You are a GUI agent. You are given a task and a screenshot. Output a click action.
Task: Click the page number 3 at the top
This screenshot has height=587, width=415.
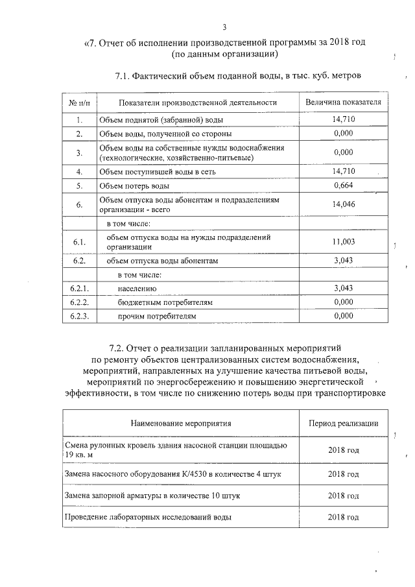pos(224,27)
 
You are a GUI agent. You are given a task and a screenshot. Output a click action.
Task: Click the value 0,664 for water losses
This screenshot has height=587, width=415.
pos(343,186)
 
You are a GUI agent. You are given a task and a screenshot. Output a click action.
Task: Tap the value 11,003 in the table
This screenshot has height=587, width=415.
pos(343,241)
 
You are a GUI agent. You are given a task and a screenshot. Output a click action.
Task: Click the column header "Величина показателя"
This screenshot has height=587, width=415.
pos(343,102)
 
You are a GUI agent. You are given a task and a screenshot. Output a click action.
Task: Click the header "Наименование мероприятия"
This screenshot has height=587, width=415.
pos(181,423)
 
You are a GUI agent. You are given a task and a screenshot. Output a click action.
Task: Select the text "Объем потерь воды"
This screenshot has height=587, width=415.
pos(134,186)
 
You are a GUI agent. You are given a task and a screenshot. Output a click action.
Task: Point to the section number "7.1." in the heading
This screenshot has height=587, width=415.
pos(123,76)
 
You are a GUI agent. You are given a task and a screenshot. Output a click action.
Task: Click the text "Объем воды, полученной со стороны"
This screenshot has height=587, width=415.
pos(165,134)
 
